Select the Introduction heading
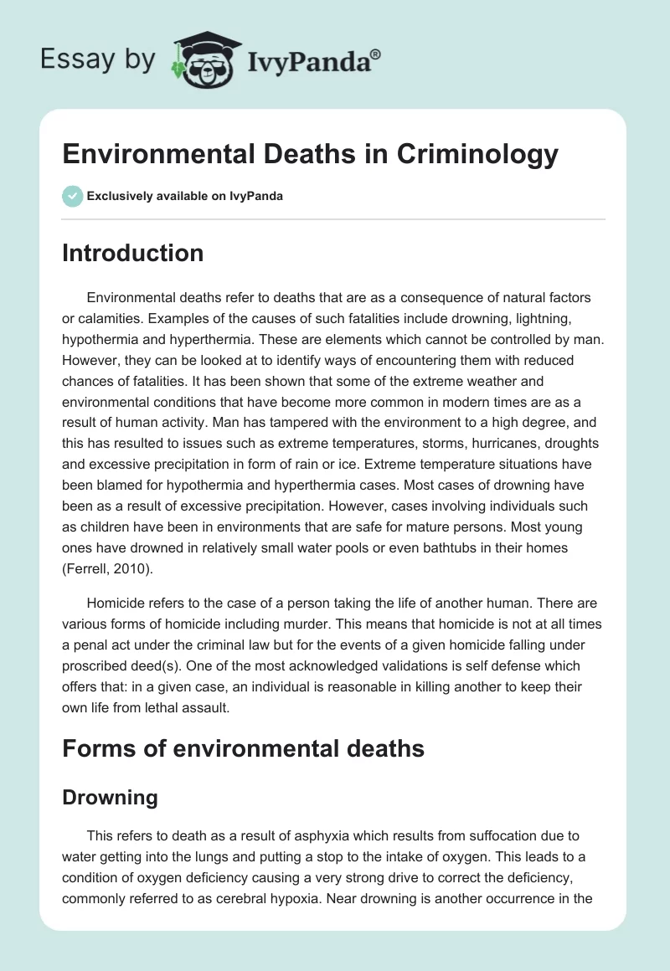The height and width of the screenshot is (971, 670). (133, 253)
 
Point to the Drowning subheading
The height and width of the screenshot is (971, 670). (110, 798)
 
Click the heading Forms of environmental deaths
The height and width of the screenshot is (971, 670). (244, 748)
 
